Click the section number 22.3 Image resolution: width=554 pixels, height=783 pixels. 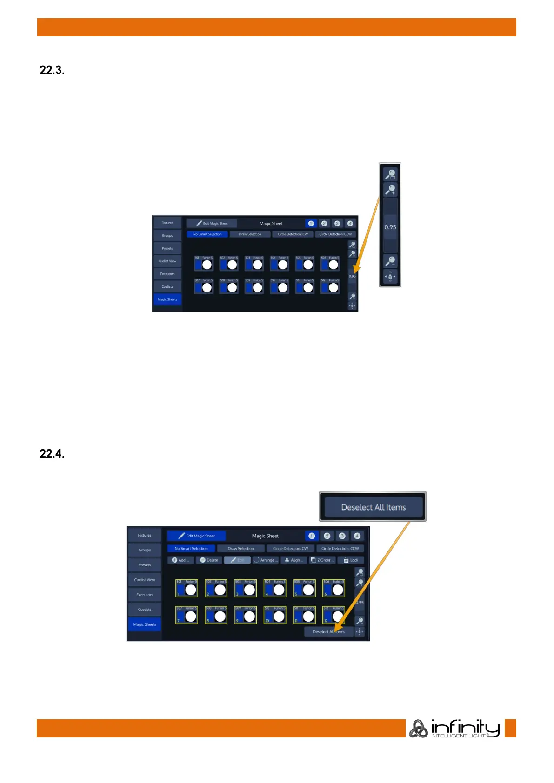click(52, 71)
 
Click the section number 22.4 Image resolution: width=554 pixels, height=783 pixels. click(52, 454)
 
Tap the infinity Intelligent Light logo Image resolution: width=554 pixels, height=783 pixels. click(454, 728)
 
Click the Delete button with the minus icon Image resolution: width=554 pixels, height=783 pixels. click(209, 560)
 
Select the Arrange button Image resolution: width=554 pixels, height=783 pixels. click(266, 560)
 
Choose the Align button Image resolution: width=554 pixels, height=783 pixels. click(294, 560)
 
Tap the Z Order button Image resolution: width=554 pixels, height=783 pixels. click(322, 560)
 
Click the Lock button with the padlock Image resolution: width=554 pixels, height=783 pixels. click(351, 560)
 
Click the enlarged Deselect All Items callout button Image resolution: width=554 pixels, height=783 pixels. click(373, 507)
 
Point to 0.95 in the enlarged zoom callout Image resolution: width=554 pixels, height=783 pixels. click(390, 227)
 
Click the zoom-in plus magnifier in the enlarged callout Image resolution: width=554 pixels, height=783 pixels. click(390, 189)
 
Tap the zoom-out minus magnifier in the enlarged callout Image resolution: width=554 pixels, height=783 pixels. click(390, 261)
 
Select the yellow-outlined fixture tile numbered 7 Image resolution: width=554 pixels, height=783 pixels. click(187, 615)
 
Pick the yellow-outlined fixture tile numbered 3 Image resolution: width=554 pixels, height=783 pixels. click(245, 588)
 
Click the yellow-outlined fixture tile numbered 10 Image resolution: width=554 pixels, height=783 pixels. click(275, 615)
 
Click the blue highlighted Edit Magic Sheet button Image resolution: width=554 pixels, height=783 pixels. click(196, 536)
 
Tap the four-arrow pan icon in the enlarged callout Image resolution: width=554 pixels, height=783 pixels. click(390, 277)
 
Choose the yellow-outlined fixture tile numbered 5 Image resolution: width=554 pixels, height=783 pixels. click(304, 588)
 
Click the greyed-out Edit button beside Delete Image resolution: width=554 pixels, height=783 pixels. click(237, 560)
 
